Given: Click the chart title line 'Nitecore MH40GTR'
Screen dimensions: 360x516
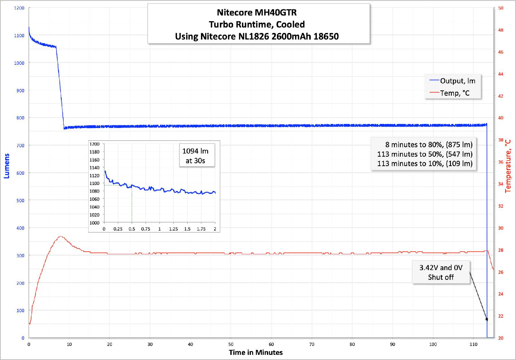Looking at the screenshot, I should (x=257, y=13).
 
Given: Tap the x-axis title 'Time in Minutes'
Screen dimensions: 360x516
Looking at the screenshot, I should (x=256, y=352).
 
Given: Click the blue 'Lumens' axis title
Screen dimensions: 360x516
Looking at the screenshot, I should (x=7, y=166).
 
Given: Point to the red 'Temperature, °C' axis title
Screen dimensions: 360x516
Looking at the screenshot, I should (x=508, y=166).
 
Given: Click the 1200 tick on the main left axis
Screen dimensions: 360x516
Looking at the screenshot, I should (x=19, y=8).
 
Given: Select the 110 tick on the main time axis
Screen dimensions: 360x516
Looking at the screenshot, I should (x=473, y=344).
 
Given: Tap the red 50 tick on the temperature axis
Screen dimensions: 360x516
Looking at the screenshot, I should (x=501, y=8).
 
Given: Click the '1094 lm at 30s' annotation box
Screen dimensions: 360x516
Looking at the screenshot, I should (x=197, y=156).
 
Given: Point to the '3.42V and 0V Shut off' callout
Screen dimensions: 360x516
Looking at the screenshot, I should (x=441, y=272).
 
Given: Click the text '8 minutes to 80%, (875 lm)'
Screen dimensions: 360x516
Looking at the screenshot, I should (x=429, y=145).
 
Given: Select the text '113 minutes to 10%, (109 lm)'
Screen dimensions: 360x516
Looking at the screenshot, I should (x=425, y=164).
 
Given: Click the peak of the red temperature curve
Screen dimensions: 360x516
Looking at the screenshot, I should (x=60, y=237).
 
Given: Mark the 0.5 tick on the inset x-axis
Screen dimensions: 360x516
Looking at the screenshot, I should (x=132, y=229).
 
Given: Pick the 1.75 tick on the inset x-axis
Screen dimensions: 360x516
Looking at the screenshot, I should (x=201, y=229).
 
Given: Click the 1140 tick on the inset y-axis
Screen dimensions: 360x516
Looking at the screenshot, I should (x=94, y=168).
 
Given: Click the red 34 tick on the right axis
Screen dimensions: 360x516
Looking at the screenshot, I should (x=501, y=184).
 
